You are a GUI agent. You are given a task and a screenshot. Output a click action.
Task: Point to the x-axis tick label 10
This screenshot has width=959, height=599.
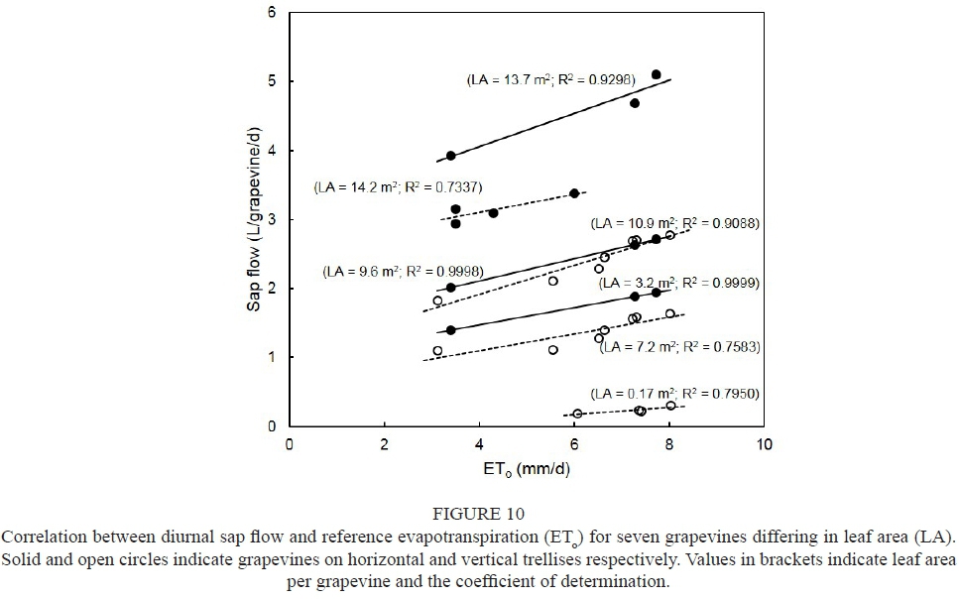764,445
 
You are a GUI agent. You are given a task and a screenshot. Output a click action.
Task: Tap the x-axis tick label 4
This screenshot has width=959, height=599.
479,445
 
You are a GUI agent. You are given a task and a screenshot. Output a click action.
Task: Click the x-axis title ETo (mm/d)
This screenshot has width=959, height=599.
527,471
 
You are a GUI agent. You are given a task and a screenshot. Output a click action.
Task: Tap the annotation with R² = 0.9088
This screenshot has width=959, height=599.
674,224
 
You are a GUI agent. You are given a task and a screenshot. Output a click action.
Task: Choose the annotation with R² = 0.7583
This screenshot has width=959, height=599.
674,347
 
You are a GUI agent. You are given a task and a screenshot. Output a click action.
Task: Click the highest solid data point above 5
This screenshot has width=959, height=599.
656,74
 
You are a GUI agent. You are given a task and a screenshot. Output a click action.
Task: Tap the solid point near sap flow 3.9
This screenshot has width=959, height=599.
450,156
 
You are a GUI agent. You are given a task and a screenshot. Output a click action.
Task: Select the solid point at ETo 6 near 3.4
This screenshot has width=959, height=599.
574,193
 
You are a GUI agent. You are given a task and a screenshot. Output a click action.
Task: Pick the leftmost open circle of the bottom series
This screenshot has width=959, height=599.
577,414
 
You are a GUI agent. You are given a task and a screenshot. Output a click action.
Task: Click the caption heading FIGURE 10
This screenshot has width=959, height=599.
479,514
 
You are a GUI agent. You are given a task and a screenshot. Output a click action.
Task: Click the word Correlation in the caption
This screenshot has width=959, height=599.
41,537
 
